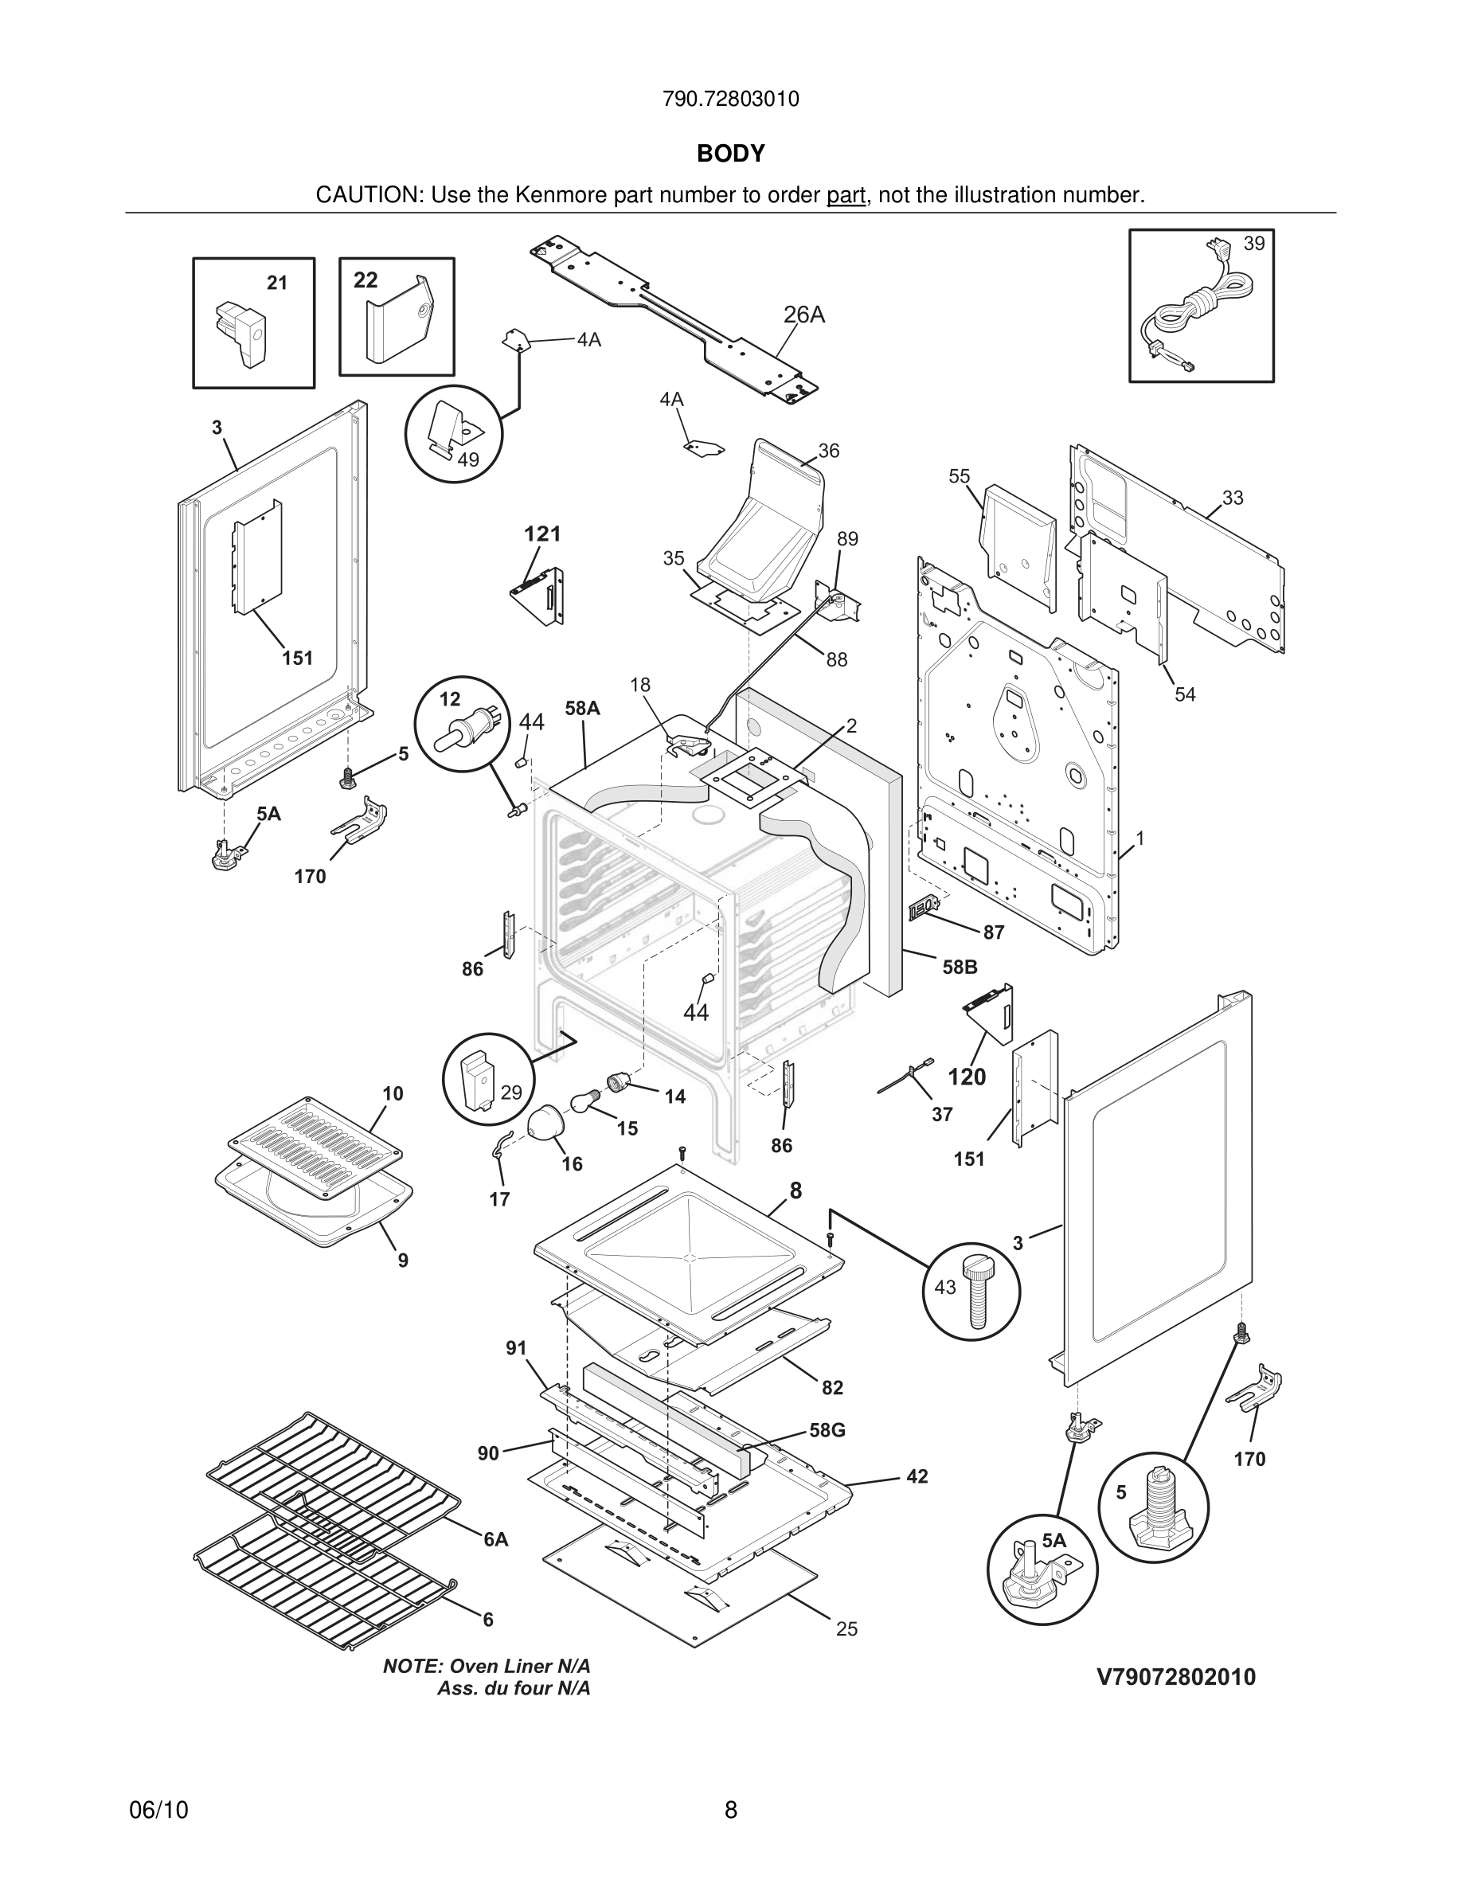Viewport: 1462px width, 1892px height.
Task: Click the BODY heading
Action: pyautogui.click(x=731, y=154)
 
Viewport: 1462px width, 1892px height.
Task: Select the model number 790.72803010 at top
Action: pyautogui.click(x=730, y=100)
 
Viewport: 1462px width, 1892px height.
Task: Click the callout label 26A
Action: pyautogui.click(x=803, y=315)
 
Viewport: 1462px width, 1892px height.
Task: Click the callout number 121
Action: pyautogui.click(x=542, y=534)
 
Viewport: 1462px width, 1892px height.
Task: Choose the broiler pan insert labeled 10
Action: pyautogui.click(x=315, y=1147)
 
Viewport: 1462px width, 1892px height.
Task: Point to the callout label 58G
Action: pyautogui.click(x=827, y=1430)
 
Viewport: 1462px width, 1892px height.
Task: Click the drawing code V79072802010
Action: pyautogui.click(x=1176, y=1678)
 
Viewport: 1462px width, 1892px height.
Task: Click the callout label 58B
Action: pyautogui.click(x=960, y=967)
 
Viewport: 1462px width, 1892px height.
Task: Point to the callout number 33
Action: pyautogui.click(x=1233, y=498)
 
